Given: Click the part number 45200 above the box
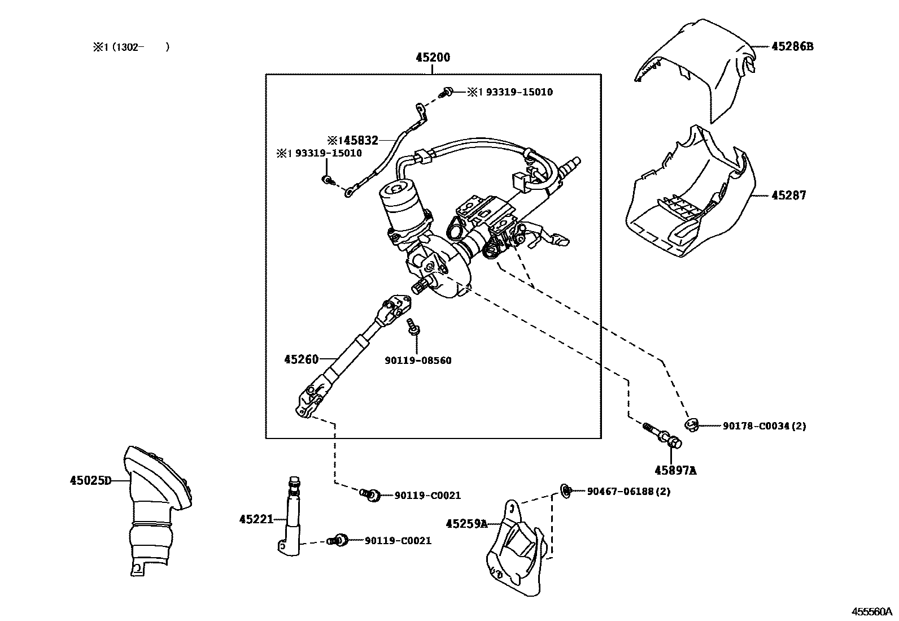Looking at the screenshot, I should point(433,58).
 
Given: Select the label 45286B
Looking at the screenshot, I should point(792,46).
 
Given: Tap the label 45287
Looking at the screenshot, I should point(789,196).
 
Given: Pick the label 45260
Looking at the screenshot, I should point(301,359).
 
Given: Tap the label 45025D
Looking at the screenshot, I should point(90,481).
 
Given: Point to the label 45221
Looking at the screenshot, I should point(256,519).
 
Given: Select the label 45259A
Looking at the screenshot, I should point(466,524).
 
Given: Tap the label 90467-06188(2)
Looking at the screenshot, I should point(629,492).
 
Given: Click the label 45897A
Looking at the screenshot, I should point(675,470).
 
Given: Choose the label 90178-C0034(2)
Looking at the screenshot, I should point(764,426).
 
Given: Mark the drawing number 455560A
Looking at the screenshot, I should point(871,611).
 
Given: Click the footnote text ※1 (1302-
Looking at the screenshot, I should point(131,47).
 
